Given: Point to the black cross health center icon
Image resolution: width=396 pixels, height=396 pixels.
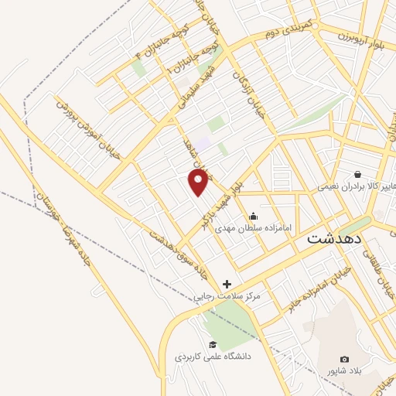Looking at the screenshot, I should [227, 284].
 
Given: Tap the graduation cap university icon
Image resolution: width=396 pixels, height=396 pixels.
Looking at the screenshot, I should [212, 344].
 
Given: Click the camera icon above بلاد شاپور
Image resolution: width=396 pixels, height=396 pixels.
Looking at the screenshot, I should [345, 360].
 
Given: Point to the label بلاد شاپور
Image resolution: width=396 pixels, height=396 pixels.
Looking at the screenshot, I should [345, 373].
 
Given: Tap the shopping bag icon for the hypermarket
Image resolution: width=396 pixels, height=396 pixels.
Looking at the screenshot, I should [357, 173].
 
